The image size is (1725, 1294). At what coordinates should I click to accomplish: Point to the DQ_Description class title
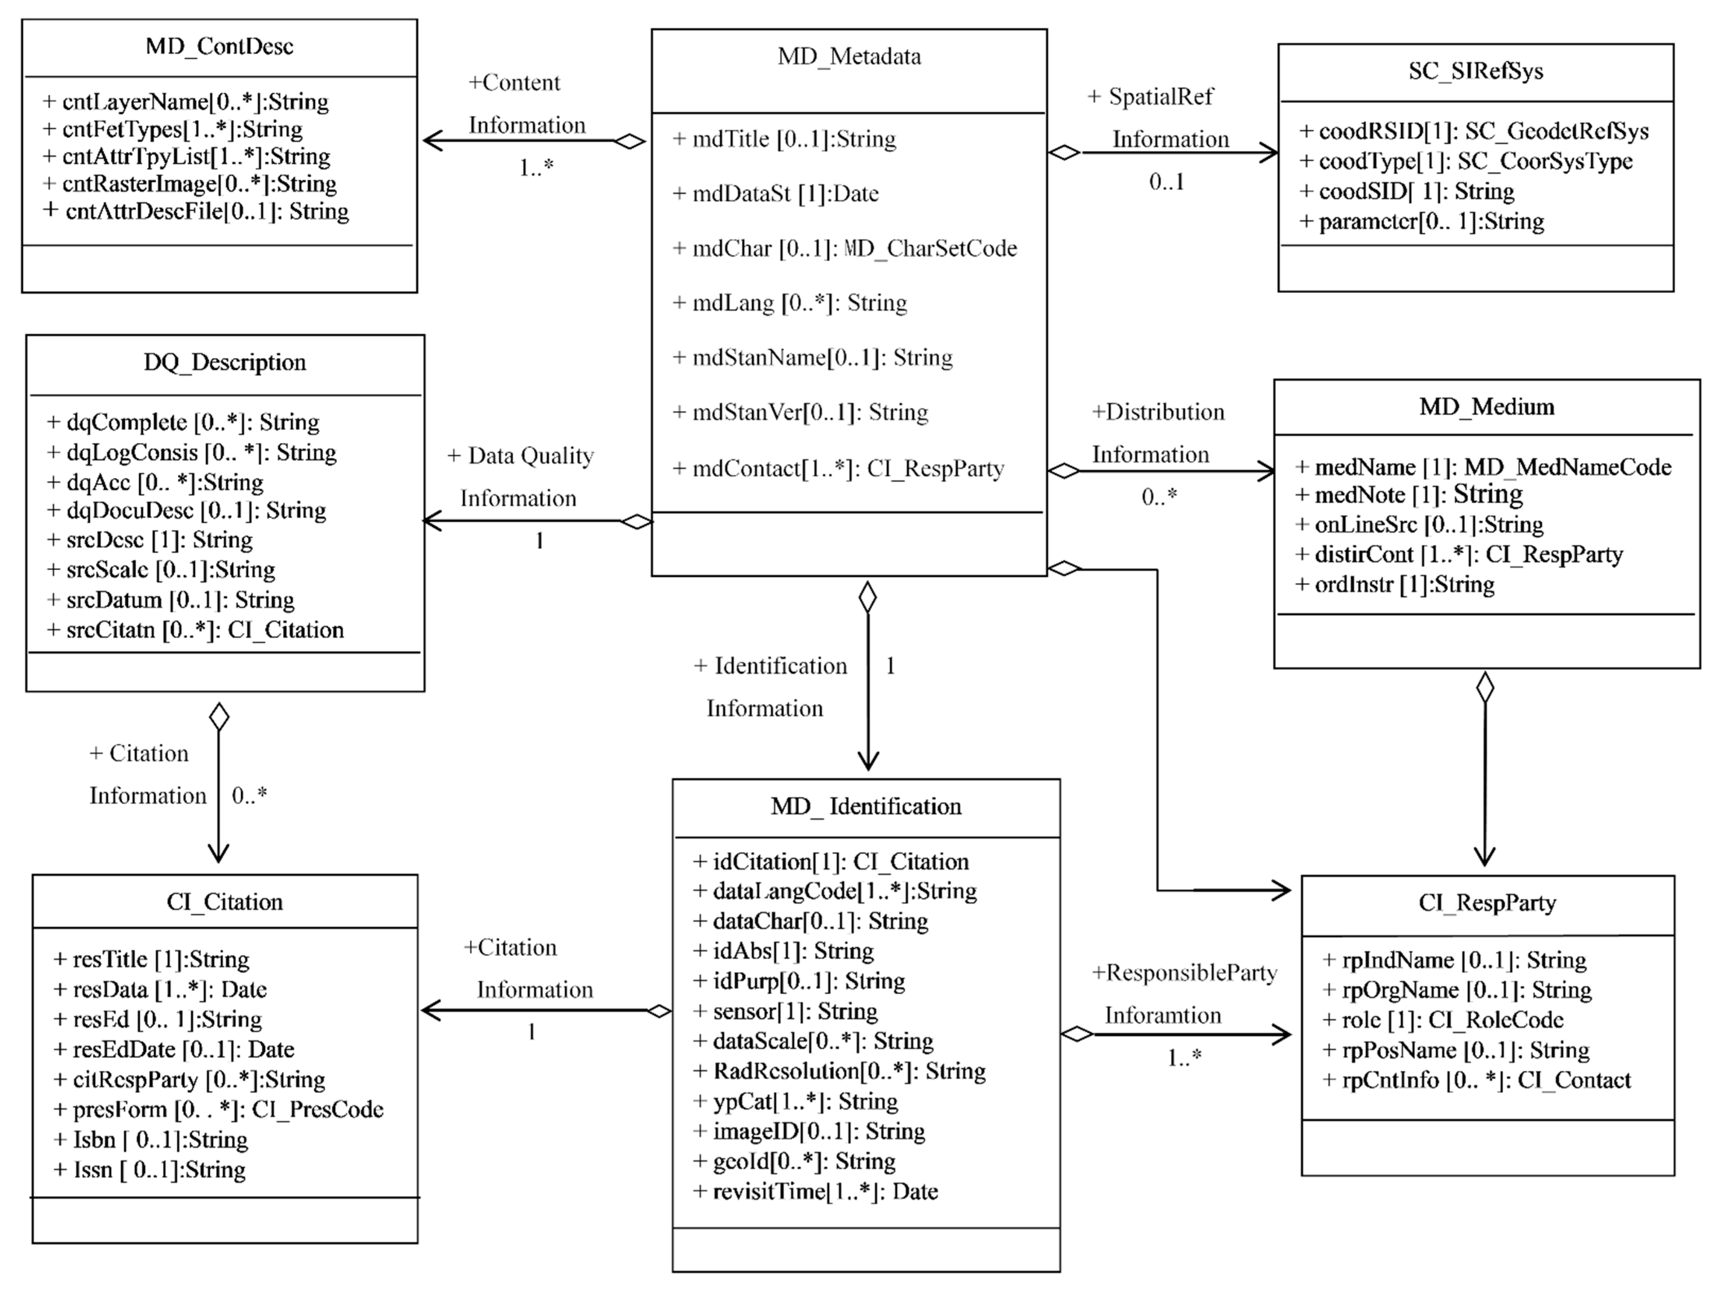point(225,362)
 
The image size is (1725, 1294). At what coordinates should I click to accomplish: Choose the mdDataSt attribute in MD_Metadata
point(776,193)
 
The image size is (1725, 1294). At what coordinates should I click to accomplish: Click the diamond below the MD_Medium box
point(1485,688)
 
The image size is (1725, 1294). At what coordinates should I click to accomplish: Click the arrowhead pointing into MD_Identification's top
point(868,760)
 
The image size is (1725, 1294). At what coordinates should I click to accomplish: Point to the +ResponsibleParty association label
point(1184,973)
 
